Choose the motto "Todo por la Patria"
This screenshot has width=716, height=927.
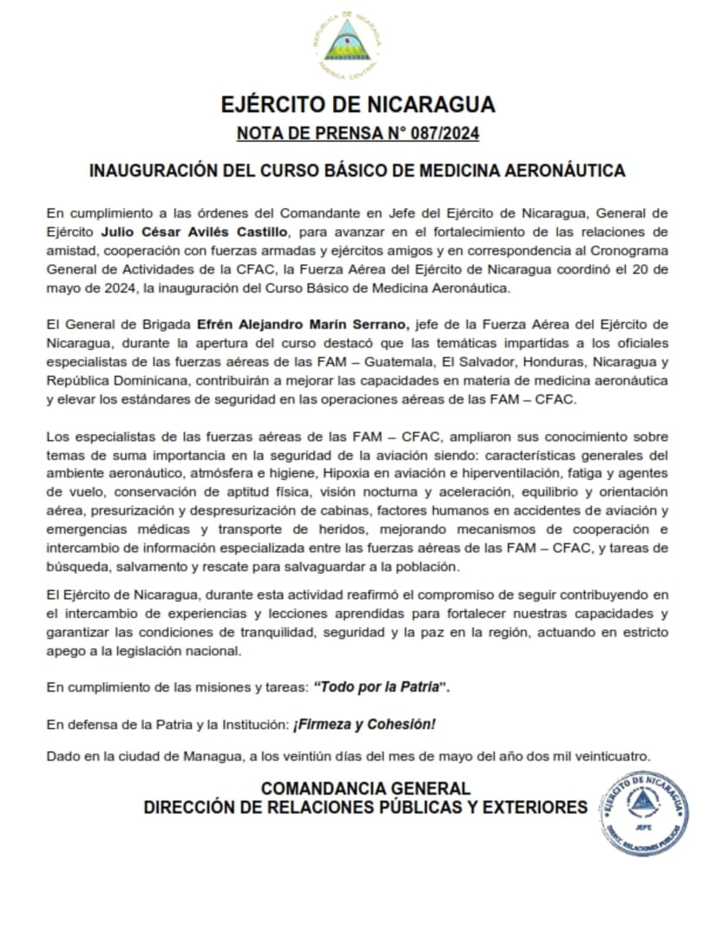point(382,687)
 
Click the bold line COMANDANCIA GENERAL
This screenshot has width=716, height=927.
point(365,789)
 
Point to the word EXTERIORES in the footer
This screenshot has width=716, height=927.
point(530,808)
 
